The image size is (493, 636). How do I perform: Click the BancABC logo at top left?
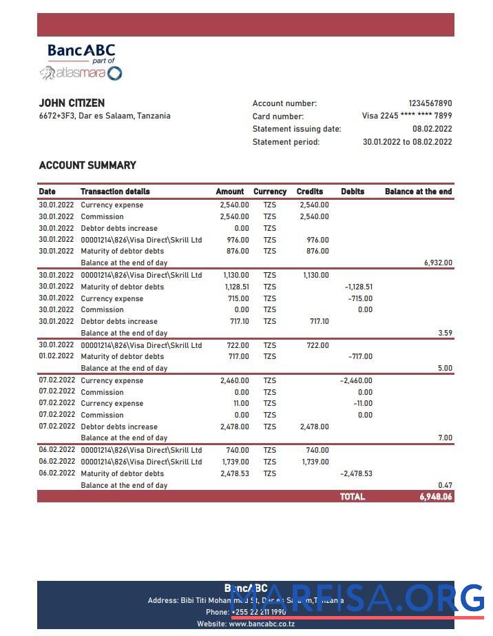pyautogui.click(x=81, y=62)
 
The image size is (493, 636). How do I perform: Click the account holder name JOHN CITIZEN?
pyautogui.click(x=72, y=103)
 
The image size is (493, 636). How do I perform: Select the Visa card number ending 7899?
pyautogui.click(x=407, y=116)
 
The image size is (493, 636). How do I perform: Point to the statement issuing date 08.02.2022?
pyautogui.click(x=432, y=129)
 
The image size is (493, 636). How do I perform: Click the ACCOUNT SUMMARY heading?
pyautogui.click(x=87, y=165)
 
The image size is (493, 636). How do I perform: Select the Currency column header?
pyautogui.click(x=269, y=192)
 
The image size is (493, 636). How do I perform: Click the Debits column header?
pyautogui.click(x=353, y=192)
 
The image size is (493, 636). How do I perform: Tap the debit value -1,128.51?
pyautogui.click(x=358, y=287)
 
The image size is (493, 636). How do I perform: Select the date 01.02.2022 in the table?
pyautogui.click(x=56, y=356)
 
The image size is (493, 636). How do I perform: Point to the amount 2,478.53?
pyautogui.click(x=235, y=474)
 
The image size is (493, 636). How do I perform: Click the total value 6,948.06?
pyautogui.click(x=435, y=497)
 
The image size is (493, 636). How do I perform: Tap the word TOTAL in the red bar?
pyautogui.click(x=352, y=497)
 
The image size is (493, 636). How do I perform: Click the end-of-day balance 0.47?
pyautogui.click(x=445, y=486)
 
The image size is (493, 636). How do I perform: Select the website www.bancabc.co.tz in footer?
pyautogui.click(x=262, y=624)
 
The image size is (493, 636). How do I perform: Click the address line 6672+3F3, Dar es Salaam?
pyautogui.click(x=105, y=116)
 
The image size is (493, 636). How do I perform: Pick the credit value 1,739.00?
pyautogui.click(x=315, y=462)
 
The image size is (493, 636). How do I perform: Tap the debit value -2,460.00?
pyautogui.click(x=356, y=381)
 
